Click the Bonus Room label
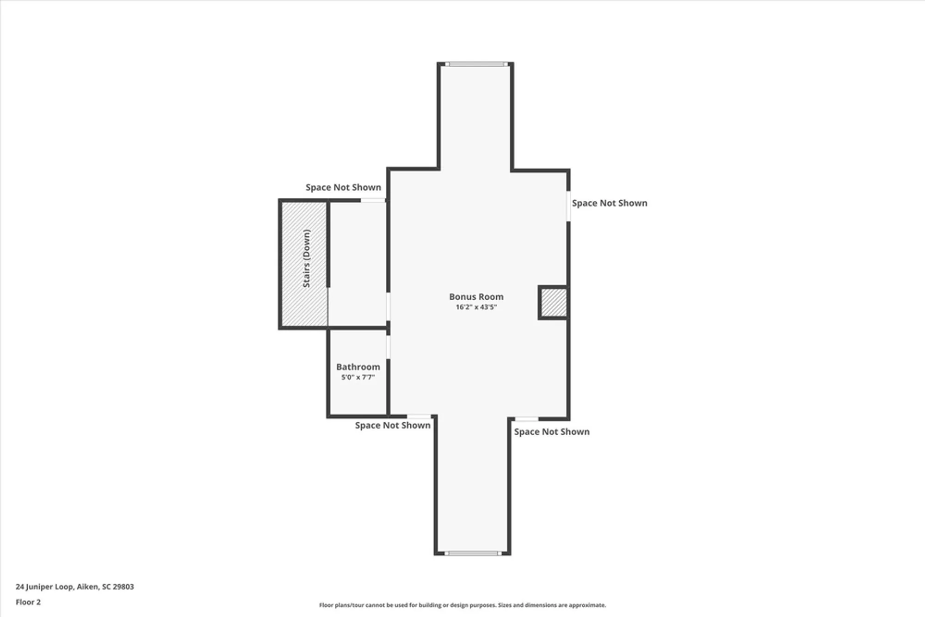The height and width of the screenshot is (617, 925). click(x=476, y=297)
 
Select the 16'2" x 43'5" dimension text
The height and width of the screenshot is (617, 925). click(x=476, y=307)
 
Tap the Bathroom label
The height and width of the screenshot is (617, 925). click(x=358, y=367)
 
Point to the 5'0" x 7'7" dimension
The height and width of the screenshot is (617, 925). click(x=358, y=377)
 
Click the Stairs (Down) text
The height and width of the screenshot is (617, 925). click(x=307, y=258)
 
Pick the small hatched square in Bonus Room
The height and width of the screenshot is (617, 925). click(x=554, y=302)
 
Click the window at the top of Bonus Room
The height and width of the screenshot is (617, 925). click(x=476, y=64)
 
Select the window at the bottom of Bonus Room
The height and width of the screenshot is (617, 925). click(x=473, y=553)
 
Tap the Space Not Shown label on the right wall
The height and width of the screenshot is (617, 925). click(x=609, y=203)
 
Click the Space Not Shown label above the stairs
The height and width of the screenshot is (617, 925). click(x=343, y=187)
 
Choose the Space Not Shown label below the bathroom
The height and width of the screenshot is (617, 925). click(x=393, y=426)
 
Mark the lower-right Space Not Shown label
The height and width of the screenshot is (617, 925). click(x=552, y=432)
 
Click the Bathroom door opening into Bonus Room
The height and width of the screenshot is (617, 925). click(x=388, y=347)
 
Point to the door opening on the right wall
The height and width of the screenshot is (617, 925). click(x=568, y=206)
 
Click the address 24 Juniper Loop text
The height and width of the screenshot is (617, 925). click(x=75, y=586)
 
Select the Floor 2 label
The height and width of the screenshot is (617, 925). click(x=28, y=602)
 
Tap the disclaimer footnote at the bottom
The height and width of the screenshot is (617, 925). click(x=462, y=605)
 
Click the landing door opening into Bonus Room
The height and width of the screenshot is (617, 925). click(x=388, y=306)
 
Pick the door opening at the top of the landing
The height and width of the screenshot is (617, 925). click(x=373, y=200)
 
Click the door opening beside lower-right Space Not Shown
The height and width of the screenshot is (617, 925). click(x=527, y=419)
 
